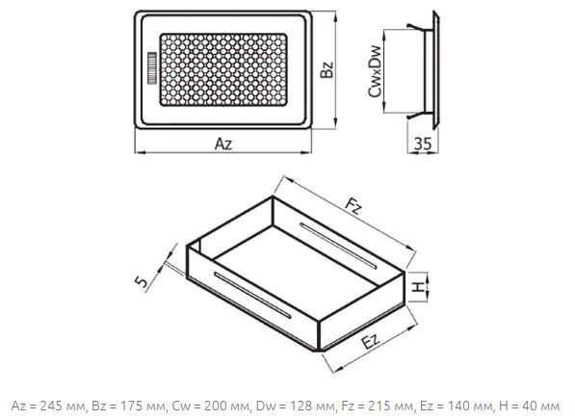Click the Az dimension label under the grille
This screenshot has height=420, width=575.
click(x=223, y=144)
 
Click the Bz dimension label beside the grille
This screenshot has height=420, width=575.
click(x=327, y=69)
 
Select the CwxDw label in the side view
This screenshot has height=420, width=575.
click(x=375, y=72)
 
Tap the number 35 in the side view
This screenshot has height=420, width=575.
click(x=423, y=144)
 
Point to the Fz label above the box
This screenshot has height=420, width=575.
click(x=353, y=207)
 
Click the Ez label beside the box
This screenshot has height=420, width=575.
click(x=371, y=343)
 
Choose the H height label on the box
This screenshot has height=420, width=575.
click(x=417, y=287)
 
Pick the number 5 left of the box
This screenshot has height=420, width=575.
click(x=142, y=281)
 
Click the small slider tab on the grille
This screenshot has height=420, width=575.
click(x=152, y=68)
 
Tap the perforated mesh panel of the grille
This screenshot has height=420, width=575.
click(x=223, y=70)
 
